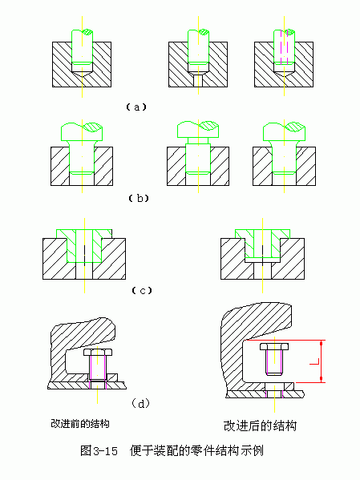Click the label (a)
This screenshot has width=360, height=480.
point(136,107)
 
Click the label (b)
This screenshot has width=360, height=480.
point(139,199)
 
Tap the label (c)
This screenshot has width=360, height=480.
point(142,290)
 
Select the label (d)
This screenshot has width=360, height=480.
point(141,404)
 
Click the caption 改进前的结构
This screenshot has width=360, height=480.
point(80,424)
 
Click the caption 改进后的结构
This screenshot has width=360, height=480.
point(260,426)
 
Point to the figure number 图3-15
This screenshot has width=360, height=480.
point(99,450)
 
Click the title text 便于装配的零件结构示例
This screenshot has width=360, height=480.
point(196,450)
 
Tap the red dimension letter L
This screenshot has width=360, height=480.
point(314,361)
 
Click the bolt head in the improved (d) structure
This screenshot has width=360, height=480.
point(274,346)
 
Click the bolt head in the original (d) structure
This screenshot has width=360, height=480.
point(98,352)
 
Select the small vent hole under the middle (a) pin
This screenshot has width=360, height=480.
point(198,80)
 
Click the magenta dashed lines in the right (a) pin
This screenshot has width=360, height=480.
point(285,46)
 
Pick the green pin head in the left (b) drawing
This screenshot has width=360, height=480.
point(82,131)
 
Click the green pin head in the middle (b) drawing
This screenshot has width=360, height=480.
point(198,130)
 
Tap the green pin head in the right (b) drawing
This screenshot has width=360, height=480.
point(285,131)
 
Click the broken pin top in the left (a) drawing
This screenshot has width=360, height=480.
point(82,32)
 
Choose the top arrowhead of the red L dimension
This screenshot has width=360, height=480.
point(321,343)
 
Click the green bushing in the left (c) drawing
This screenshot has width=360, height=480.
point(84,246)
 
